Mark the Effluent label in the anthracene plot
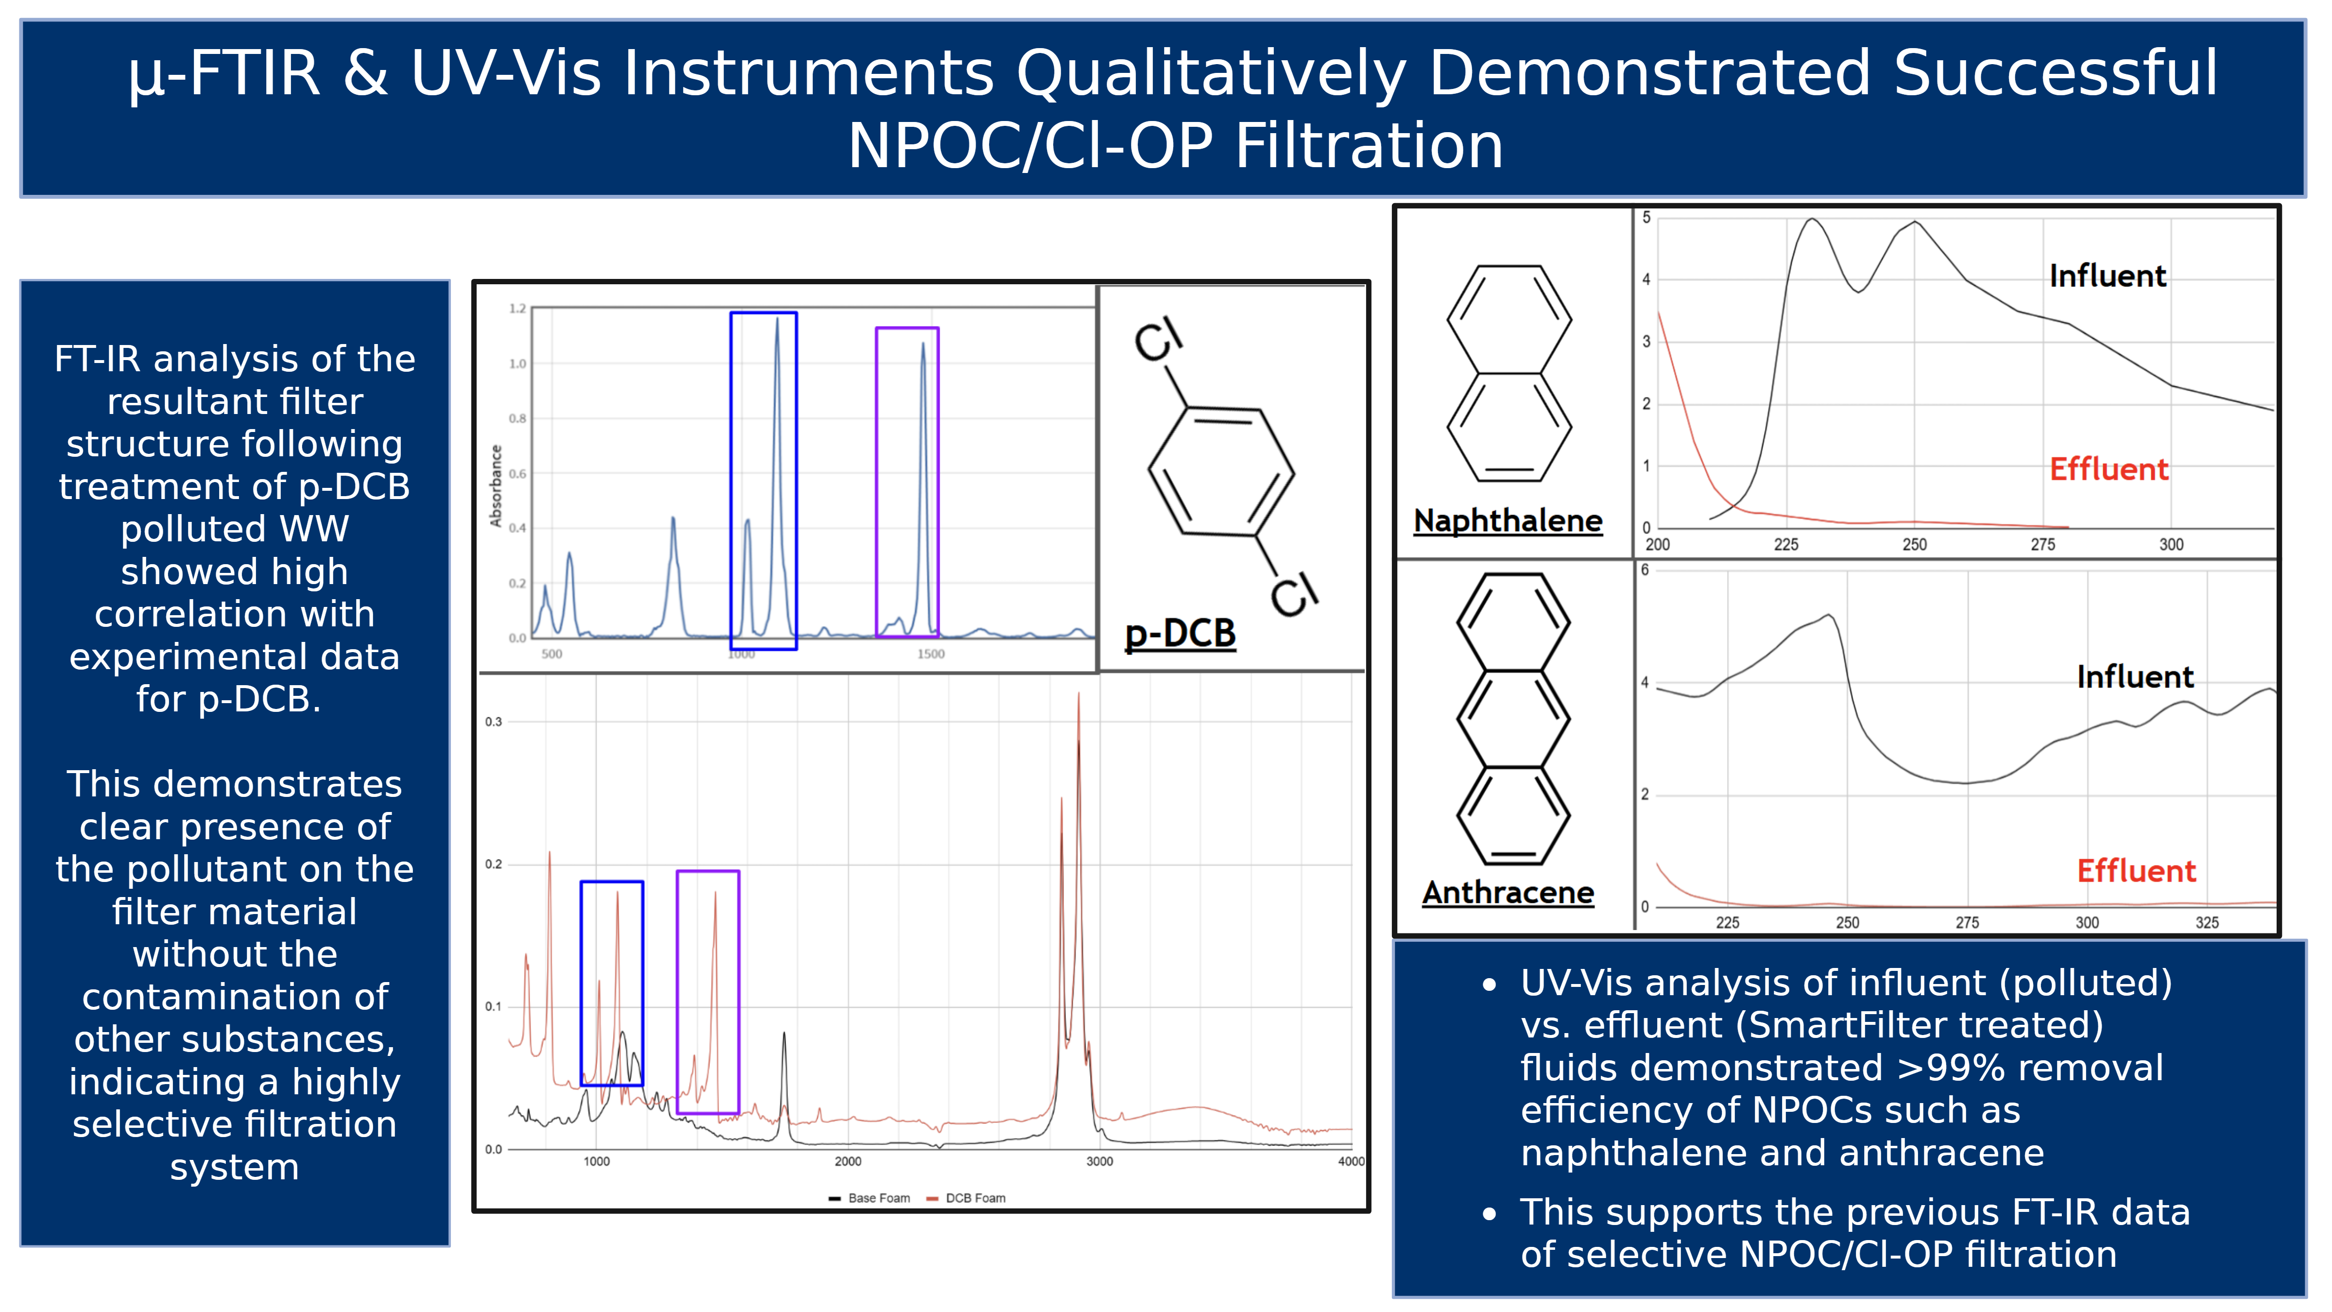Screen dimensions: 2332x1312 2136,871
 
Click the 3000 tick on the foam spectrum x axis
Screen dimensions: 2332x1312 1099,1162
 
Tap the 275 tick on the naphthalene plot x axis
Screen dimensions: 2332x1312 2042,544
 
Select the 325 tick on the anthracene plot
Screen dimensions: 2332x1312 2207,923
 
